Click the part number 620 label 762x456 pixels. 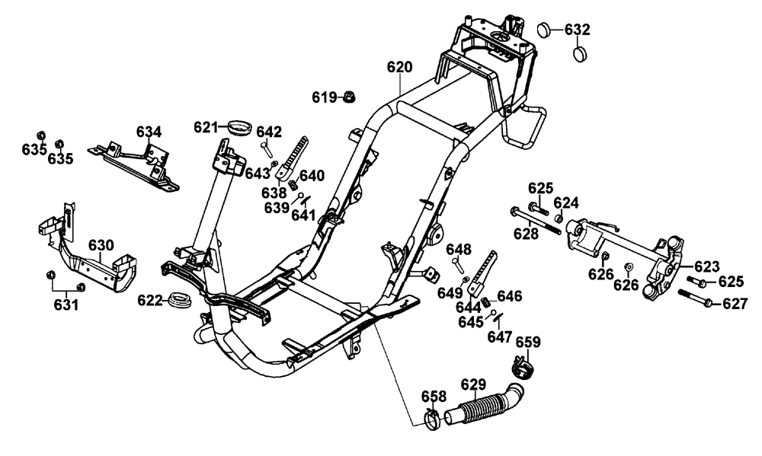[399, 68]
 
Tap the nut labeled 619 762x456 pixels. [350, 97]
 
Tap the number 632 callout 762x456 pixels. [578, 29]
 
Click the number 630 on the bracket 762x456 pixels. [101, 245]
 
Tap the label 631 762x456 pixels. [66, 305]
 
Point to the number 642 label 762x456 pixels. [268, 131]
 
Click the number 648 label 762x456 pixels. [459, 249]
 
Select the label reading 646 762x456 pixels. [509, 296]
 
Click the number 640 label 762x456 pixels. [312, 175]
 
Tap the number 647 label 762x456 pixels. [500, 336]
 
